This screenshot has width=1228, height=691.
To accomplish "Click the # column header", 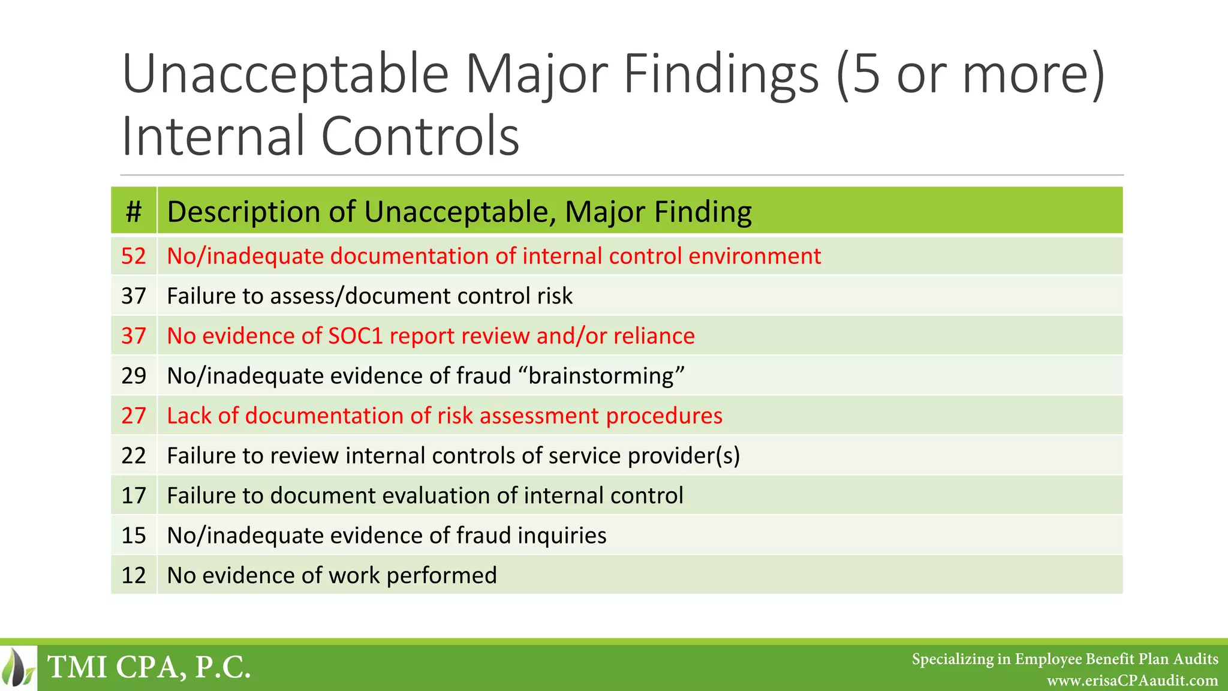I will click(x=134, y=212).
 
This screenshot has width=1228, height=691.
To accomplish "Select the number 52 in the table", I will click(x=134, y=256).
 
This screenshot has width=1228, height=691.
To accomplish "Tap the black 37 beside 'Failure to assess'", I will click(x=134, y=296).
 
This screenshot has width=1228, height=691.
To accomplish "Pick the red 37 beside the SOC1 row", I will click(x=134, y=336).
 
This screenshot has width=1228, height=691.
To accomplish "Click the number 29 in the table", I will click(x=134, y=375).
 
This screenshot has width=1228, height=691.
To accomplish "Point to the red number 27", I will click(x=134, y=416).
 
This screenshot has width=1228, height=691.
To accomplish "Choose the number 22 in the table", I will click(x=134, y=455).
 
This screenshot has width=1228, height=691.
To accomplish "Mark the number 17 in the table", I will click(x=134, y=495).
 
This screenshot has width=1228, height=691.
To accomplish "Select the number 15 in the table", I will click(x=134, y=535).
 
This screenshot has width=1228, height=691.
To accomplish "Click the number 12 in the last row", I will click(x=134, y=575).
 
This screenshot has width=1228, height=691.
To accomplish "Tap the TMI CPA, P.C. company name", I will click(x=149, y=668).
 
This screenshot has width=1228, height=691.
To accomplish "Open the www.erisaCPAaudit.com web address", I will click(x=1132, y=681).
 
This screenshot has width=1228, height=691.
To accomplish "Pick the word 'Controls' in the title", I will click(x=420, y=137).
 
